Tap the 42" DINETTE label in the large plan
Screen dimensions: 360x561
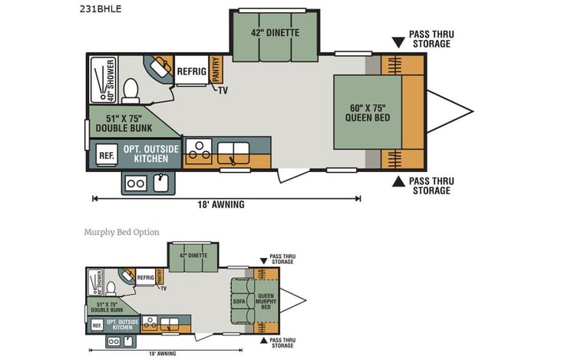coord(274,33)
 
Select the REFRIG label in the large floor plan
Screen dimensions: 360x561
coord(191,71)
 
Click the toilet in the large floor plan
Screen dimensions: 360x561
coord(130,89)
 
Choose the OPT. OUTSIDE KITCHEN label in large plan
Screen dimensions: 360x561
coord(151,154)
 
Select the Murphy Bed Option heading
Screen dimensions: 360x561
coord(121,232)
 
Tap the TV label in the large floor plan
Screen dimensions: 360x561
coord(223,91)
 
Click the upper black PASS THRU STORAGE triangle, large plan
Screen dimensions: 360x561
coord(398,41)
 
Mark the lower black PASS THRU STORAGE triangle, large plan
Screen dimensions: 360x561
coord(398,182)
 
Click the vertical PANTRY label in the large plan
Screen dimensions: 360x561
coord(216,70)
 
